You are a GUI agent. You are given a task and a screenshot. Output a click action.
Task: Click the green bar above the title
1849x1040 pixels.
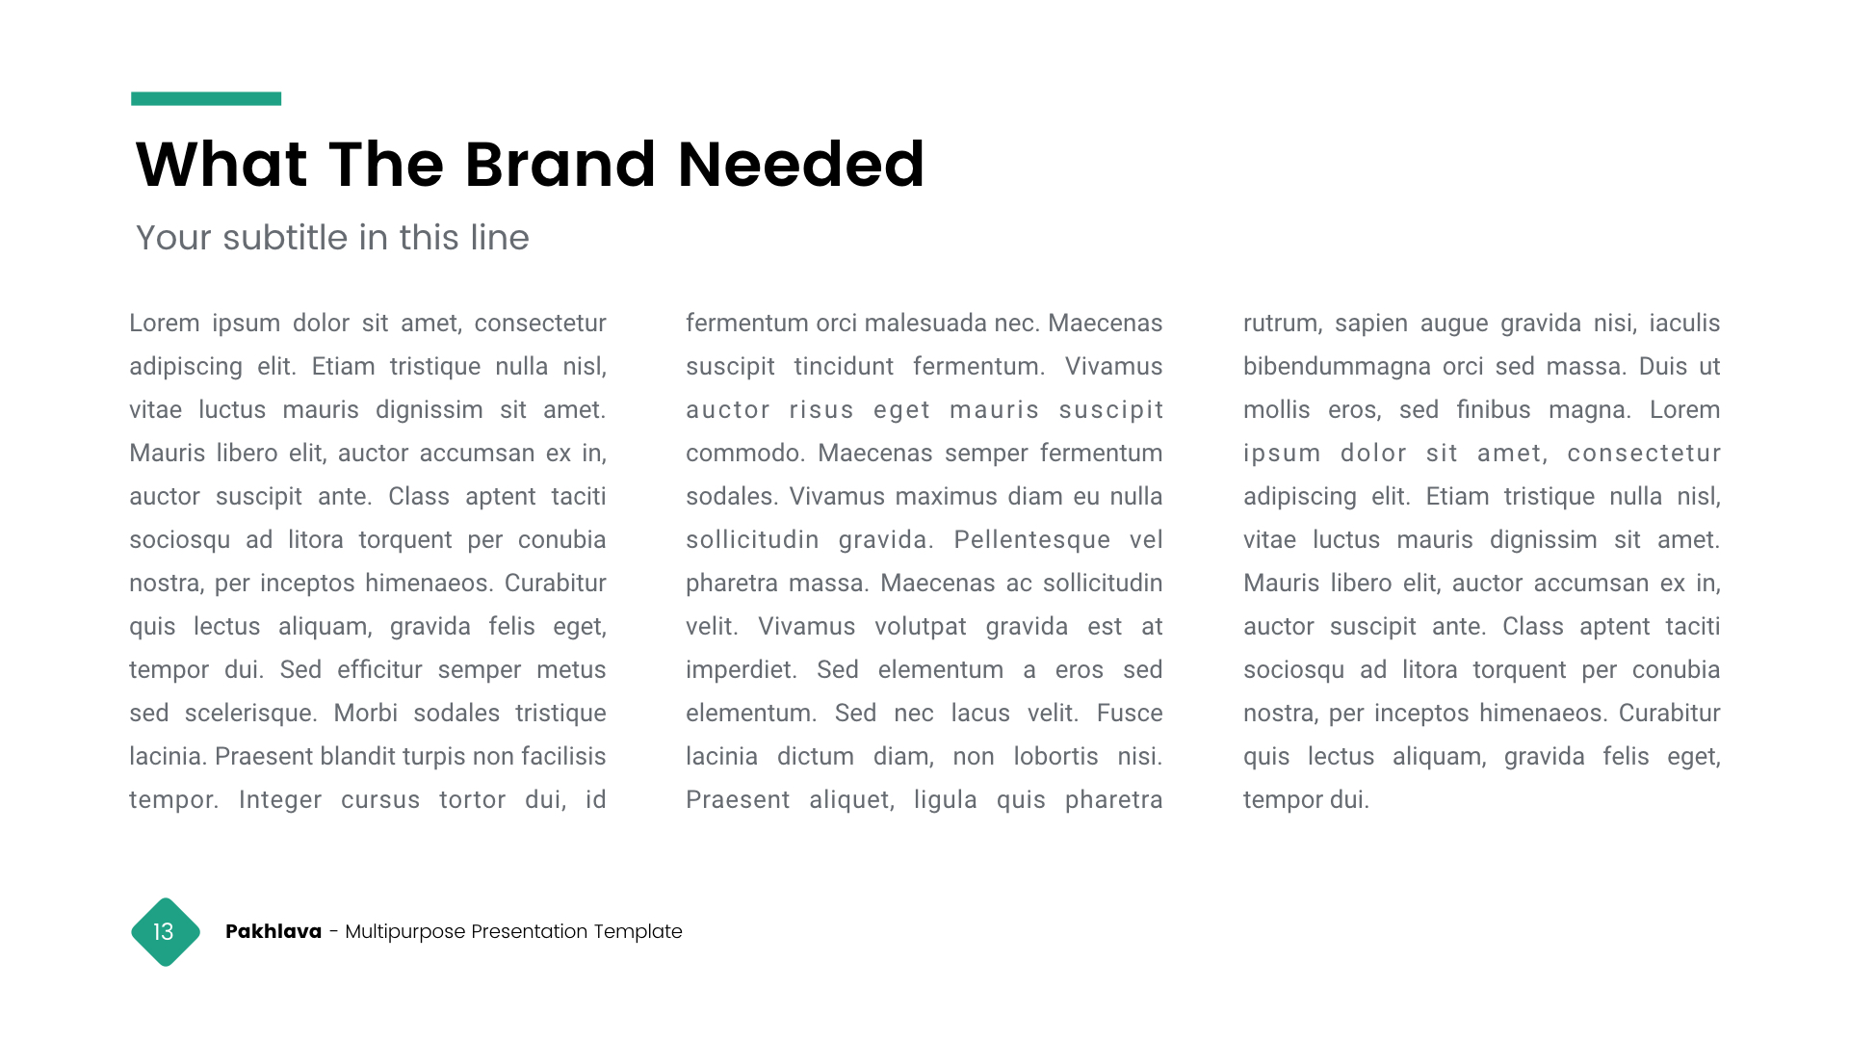(x=206, y=98)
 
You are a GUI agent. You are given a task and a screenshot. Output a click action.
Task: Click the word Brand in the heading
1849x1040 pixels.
(x=561, y=165)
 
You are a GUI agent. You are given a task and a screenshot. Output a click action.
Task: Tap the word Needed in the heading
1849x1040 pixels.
(x=800, y=165)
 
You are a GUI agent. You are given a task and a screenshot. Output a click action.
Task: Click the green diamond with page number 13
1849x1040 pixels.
(x=166, y=932)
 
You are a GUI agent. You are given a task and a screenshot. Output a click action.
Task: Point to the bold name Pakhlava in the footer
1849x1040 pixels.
(x=273, y=931)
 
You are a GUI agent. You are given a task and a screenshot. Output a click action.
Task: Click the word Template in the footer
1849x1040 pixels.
(x=638, y=931)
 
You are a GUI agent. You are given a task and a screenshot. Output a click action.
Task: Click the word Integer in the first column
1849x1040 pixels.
(x=280, y=800)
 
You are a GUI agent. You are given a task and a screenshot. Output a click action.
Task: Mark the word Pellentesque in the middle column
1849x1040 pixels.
(x=1032, y=540)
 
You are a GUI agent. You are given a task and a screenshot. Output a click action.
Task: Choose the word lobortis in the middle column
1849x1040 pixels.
(x=1055, y=757)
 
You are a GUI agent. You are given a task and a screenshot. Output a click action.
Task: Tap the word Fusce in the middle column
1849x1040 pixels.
(x=1130, y=714)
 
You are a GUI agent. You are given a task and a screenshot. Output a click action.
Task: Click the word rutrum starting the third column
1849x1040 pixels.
(x=1280, y=324)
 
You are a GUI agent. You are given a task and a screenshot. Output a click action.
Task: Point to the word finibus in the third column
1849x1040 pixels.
(x=1494, y=410)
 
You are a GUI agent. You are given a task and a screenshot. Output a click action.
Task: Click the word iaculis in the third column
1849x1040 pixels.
(x=1684, y=324)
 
